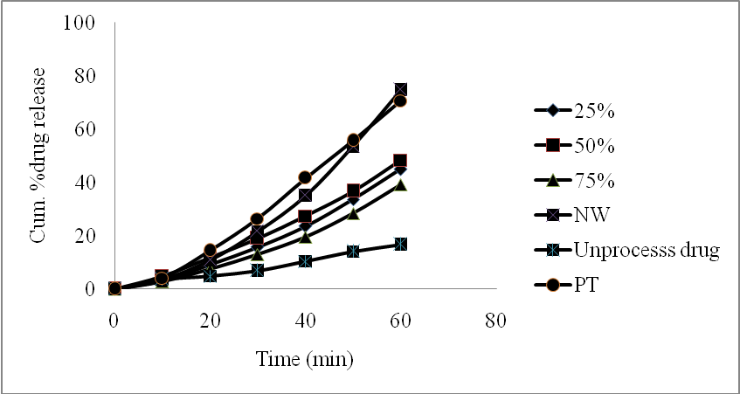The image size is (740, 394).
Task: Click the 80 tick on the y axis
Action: pyautogui.click(x=84, y=76)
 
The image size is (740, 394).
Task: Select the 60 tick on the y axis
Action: pyautogui.click(x=84, y=129)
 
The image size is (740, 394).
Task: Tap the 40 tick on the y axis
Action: pyautogui.click(x=84, y=183)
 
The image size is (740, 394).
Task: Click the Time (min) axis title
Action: pyautogui.click(x=305, y=359)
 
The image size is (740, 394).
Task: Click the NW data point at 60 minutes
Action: pyautogui.click(x=400, y=89)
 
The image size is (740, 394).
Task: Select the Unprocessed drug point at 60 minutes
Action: pyautogui.click(x=400, y=244)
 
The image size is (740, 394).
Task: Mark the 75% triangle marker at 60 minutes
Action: pyautogui.click(x=400, y=184)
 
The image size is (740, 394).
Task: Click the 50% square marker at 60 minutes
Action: pyautogui.click(x=400, y=161)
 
